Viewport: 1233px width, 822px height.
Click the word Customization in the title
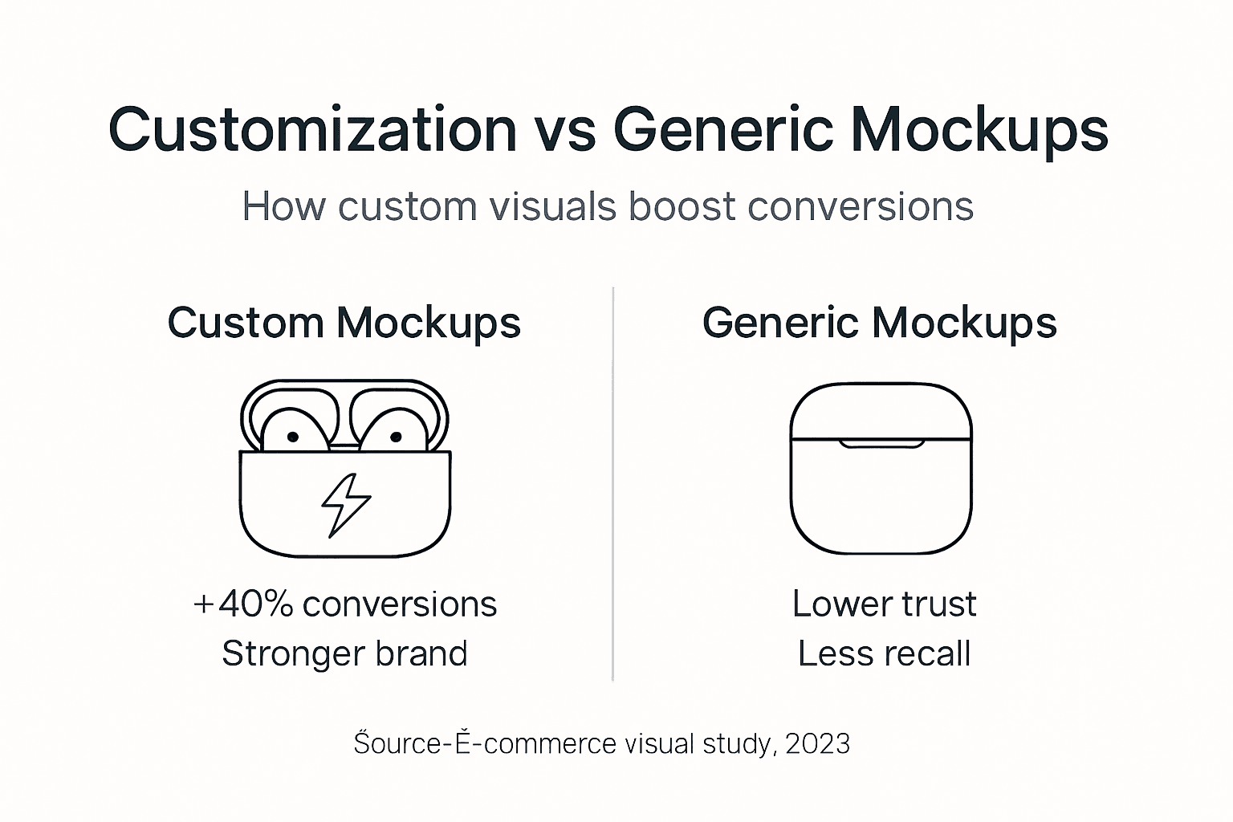(x=312, y=129)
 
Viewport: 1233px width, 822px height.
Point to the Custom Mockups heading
(x=344, y=323)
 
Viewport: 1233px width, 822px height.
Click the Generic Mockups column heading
(x=879, y=323)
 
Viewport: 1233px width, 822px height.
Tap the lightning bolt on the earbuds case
(x=345, y=504)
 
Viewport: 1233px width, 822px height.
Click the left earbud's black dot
(x=293, y=437)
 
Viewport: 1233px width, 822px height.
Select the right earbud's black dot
(x=396, y=437)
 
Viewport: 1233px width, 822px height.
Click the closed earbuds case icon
(x=881, y=469)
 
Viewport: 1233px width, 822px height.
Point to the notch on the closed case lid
(x=881, y=443)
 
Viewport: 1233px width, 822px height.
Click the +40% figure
(x=243, y=604)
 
